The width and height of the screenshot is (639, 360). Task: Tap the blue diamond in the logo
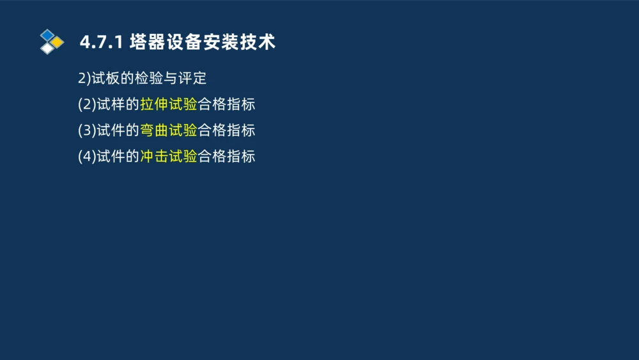click(47, 35)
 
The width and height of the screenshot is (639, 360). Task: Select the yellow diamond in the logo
click(58, 42)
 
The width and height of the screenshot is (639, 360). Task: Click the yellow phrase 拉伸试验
click(169, 104)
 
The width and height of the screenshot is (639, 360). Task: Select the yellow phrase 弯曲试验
click(169, 130)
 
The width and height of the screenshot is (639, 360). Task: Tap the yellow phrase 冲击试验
click(169, 157)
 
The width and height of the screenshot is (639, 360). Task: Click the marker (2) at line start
click(87, 104)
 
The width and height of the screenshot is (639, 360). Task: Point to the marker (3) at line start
click(87, 130)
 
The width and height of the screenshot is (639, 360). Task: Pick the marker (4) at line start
click(87, 157)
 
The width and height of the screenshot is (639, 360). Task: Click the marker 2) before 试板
click(84, 79)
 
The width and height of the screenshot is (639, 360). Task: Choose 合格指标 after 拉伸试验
click(226, 104)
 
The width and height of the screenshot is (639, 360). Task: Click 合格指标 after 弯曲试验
click(226, 130)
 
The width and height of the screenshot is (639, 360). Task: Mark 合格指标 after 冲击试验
click(226, 157)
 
